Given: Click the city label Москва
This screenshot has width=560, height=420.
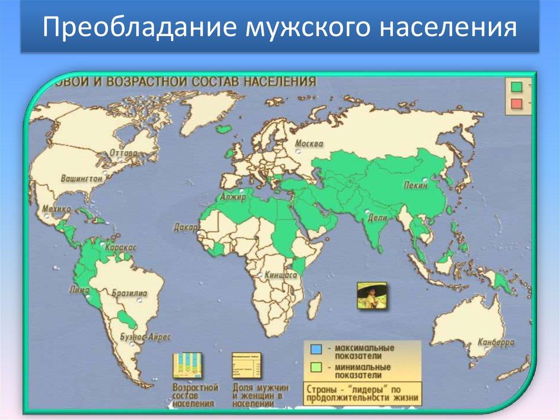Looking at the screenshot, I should coord(309,144).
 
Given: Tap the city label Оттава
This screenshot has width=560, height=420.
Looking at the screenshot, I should coord(123,153).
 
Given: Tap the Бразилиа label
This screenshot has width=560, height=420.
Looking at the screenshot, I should coord(129,294).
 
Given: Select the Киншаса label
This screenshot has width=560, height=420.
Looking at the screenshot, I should coord(280,275).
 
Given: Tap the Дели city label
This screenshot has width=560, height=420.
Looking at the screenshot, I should coord(377,217).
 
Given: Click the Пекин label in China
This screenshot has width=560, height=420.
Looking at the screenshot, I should coord(416,186).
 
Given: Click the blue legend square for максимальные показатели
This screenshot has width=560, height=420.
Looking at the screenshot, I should coord(316,349).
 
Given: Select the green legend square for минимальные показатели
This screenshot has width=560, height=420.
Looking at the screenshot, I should coord(316,367).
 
